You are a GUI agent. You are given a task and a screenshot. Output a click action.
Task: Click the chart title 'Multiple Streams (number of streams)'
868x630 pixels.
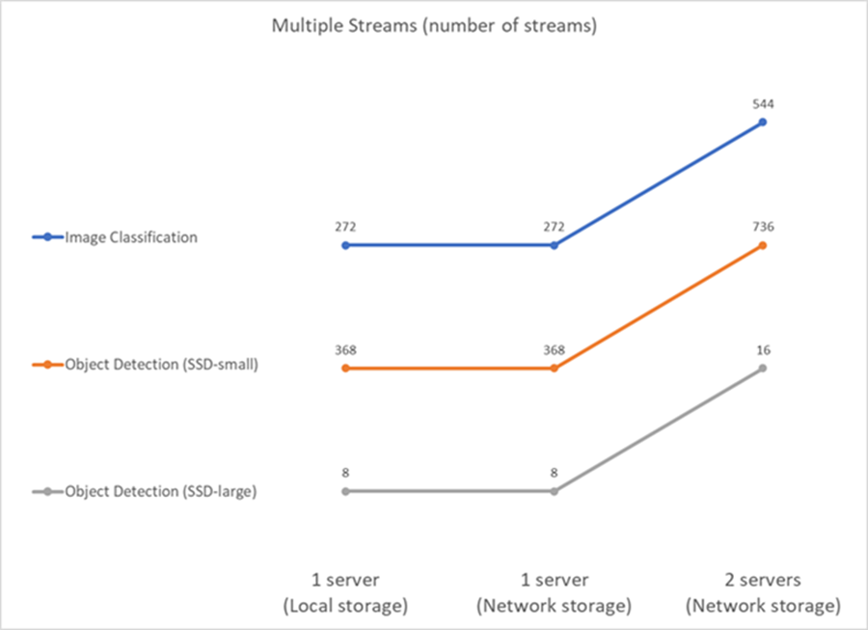pos(433,26)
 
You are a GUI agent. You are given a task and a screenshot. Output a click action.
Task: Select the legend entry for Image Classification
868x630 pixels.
pos(129,237)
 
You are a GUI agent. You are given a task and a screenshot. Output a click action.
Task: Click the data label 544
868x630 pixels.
pos(763,103)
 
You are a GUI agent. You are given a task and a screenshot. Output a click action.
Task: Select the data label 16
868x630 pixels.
pos(763,349)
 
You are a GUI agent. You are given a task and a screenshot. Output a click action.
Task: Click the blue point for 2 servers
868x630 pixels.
pos(763,123)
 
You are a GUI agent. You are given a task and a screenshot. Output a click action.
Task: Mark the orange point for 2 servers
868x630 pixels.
pos(763,245)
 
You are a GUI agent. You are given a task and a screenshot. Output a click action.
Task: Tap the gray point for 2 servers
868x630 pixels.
pos(763,369)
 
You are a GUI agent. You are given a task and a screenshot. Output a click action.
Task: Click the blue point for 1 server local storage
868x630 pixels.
pos(345,245)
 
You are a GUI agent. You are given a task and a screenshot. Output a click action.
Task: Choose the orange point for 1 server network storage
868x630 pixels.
pos(554,369)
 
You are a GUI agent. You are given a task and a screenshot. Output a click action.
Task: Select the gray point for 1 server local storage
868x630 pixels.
pos(345,491)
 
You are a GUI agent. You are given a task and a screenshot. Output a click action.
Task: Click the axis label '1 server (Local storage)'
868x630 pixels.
pos(345,592)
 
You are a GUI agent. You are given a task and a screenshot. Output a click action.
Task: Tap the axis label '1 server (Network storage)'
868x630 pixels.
pos(554,592)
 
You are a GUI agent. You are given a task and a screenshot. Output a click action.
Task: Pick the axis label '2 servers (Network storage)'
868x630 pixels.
pos(762,592)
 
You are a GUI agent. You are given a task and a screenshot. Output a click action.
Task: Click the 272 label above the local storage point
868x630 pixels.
pos(345,227)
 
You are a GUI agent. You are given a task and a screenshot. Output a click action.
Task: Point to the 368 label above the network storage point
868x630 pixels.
pos(554,349)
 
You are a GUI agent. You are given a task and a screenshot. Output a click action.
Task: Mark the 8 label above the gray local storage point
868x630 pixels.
pos(345,473)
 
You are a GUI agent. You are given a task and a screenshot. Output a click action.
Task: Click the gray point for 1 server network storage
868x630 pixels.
pos(554,491)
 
